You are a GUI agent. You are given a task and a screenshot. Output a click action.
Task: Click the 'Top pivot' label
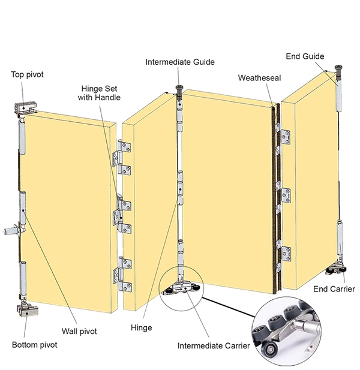[28, 74]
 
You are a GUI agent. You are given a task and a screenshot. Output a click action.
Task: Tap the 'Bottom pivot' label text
[34, 345]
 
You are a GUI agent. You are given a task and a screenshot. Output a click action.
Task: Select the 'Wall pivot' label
[79, 331]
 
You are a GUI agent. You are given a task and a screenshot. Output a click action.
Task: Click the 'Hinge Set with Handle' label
[99, 93]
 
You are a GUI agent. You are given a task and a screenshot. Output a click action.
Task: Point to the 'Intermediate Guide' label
[180, 62]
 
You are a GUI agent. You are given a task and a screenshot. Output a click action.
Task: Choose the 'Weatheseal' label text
[259, 78]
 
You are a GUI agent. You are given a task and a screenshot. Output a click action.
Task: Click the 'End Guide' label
[305, 56]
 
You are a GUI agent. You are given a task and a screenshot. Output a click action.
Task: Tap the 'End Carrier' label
[334, 289]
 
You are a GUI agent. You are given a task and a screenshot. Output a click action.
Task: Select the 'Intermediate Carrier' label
[214, 346]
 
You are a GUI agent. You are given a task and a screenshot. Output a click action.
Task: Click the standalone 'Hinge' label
[142, 328]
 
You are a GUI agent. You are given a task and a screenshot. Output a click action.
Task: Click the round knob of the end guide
[339, 68]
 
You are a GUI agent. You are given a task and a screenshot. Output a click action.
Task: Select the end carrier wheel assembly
[336, 269]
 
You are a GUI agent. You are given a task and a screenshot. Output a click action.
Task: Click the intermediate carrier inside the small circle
[181, 288]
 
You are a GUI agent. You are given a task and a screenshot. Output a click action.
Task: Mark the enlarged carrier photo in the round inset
[287, 331]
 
